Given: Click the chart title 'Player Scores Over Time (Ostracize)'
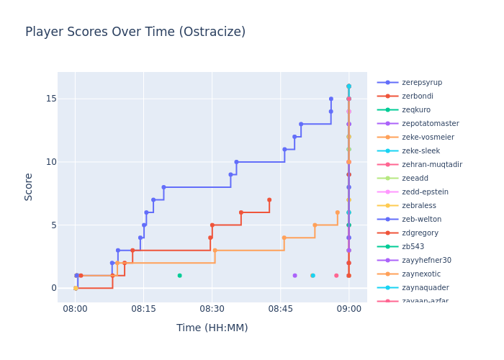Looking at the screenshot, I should [135, 32].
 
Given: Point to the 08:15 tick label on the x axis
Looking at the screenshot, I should [143, 308].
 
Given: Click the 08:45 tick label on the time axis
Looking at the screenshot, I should [280, 308].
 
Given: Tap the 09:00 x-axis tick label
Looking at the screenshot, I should [348, 308].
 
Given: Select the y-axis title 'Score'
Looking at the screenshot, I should [29, 186].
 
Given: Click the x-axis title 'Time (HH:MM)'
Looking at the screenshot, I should [212, 328].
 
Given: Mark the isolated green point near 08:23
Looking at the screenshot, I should [179, 275].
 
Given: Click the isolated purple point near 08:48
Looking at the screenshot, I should [294, 275].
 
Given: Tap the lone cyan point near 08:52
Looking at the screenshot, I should [312, 275].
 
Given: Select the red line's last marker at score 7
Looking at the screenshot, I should [269, 199].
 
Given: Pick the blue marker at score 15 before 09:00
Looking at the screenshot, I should [331, 99].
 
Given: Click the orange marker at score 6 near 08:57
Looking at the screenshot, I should [337, 212].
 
